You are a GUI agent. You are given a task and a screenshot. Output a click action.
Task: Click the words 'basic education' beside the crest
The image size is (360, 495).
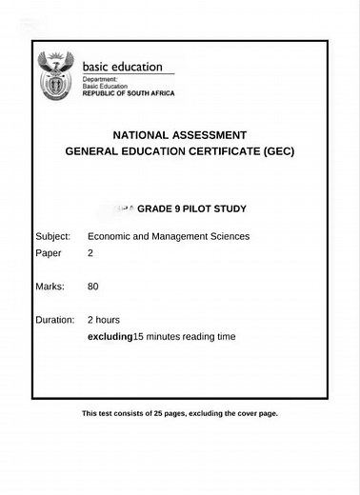[x=122, y=68]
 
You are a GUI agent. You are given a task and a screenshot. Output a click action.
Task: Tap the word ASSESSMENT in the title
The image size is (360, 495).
[x=210, y=135]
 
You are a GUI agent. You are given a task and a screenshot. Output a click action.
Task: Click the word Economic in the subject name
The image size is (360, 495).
[x=110, y=236]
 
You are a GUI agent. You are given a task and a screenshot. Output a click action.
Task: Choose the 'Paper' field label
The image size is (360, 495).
[x=48, y=253]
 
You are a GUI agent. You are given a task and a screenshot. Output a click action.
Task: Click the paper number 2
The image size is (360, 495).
[x=90, y=253]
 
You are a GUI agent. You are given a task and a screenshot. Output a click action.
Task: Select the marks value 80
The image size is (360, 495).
[x=92, y=286]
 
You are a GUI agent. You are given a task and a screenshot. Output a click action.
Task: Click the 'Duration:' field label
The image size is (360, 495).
[x=55, y=320]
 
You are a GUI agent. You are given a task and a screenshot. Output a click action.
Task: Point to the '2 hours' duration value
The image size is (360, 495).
[x=104, y=320]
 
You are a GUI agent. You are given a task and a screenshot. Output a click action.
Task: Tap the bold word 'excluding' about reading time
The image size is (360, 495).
[x=110, y=336]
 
